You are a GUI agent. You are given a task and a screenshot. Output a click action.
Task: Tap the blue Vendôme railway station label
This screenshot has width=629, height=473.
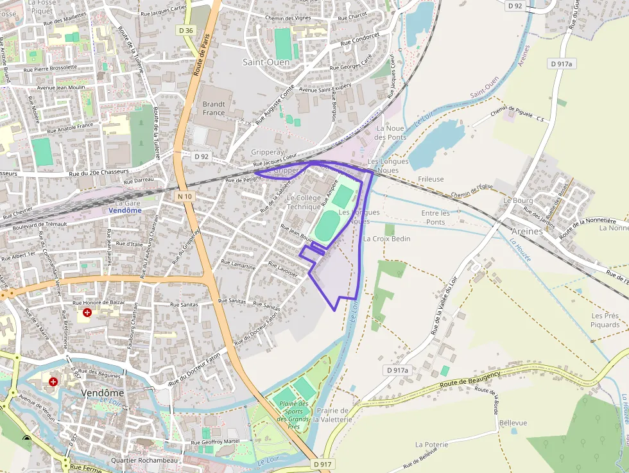125,211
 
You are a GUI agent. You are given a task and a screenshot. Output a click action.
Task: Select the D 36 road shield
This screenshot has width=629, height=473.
186,30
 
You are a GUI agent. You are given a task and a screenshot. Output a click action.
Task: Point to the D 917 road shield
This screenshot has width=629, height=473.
323,464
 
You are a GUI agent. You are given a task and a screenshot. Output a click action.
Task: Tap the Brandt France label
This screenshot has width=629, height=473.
214,108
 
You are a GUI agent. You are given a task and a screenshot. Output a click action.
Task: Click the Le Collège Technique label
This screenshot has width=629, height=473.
304,202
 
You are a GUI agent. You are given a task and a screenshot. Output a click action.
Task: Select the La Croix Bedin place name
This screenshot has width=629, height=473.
386,239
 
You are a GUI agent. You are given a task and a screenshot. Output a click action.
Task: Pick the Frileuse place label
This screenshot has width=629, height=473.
431,179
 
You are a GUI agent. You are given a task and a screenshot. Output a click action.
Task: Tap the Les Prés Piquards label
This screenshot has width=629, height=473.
605,320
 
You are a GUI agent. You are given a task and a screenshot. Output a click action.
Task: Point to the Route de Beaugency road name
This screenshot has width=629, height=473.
470,379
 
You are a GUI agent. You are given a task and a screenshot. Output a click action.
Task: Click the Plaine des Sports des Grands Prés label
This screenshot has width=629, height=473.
294,415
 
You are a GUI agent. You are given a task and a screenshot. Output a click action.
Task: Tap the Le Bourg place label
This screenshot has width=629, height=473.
518,200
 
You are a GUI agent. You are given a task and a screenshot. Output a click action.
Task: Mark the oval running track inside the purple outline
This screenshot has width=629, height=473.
327,227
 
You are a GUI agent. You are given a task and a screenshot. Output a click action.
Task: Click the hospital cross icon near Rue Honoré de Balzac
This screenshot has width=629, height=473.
87,313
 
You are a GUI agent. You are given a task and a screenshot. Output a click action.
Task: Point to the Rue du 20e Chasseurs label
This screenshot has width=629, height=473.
99,172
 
